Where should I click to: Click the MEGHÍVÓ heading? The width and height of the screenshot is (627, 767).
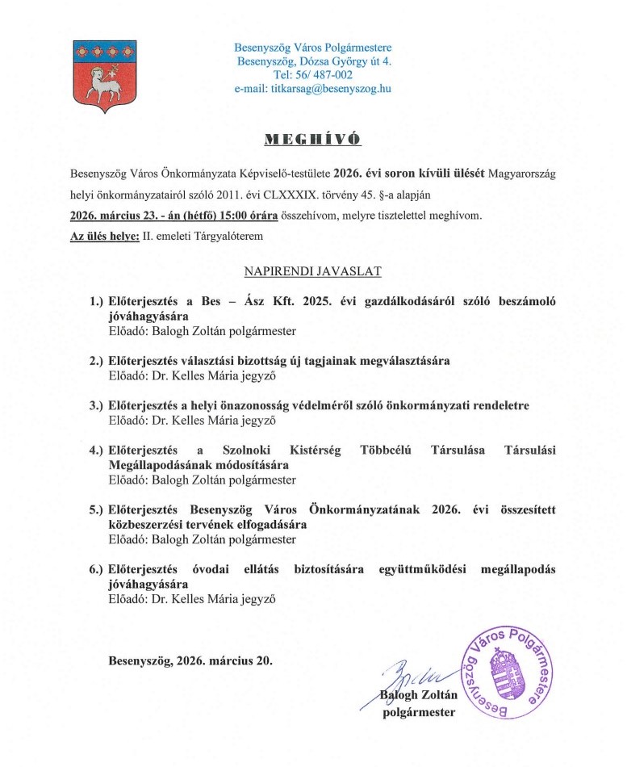pyautogui.click(x=313, y=140)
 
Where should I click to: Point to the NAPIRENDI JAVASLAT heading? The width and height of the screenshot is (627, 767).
pyautogui.click(x=312, y=273)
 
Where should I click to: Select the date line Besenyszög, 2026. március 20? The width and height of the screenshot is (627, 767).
pyautogui.click(x=190, y=660)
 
